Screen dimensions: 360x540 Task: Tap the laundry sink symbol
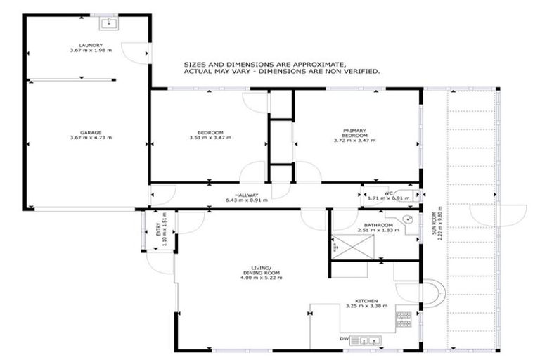pos(110,24)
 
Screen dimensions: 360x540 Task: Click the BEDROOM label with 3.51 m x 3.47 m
pos(210,134)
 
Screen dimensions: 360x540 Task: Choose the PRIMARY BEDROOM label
pos(354,132)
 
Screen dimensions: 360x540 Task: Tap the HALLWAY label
pos(247,195)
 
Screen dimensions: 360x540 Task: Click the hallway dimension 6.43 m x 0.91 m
pos(247,200)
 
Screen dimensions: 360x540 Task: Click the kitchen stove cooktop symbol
pos(404,320)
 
